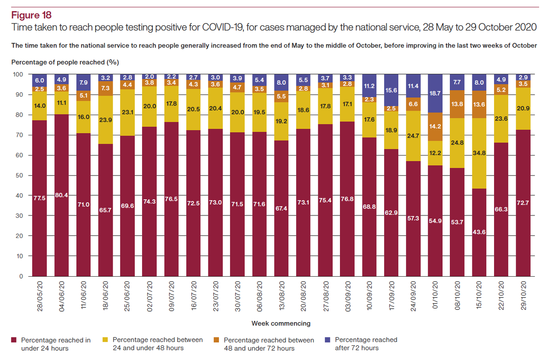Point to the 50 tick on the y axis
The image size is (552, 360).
(19, 175)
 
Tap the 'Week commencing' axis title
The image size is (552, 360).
(281, 323)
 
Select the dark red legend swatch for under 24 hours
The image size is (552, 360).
(14, 340)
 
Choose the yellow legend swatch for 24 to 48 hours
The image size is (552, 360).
(105, 340)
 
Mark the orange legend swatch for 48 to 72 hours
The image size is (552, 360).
(217, 340)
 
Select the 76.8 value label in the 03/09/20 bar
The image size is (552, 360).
(347, 199)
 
